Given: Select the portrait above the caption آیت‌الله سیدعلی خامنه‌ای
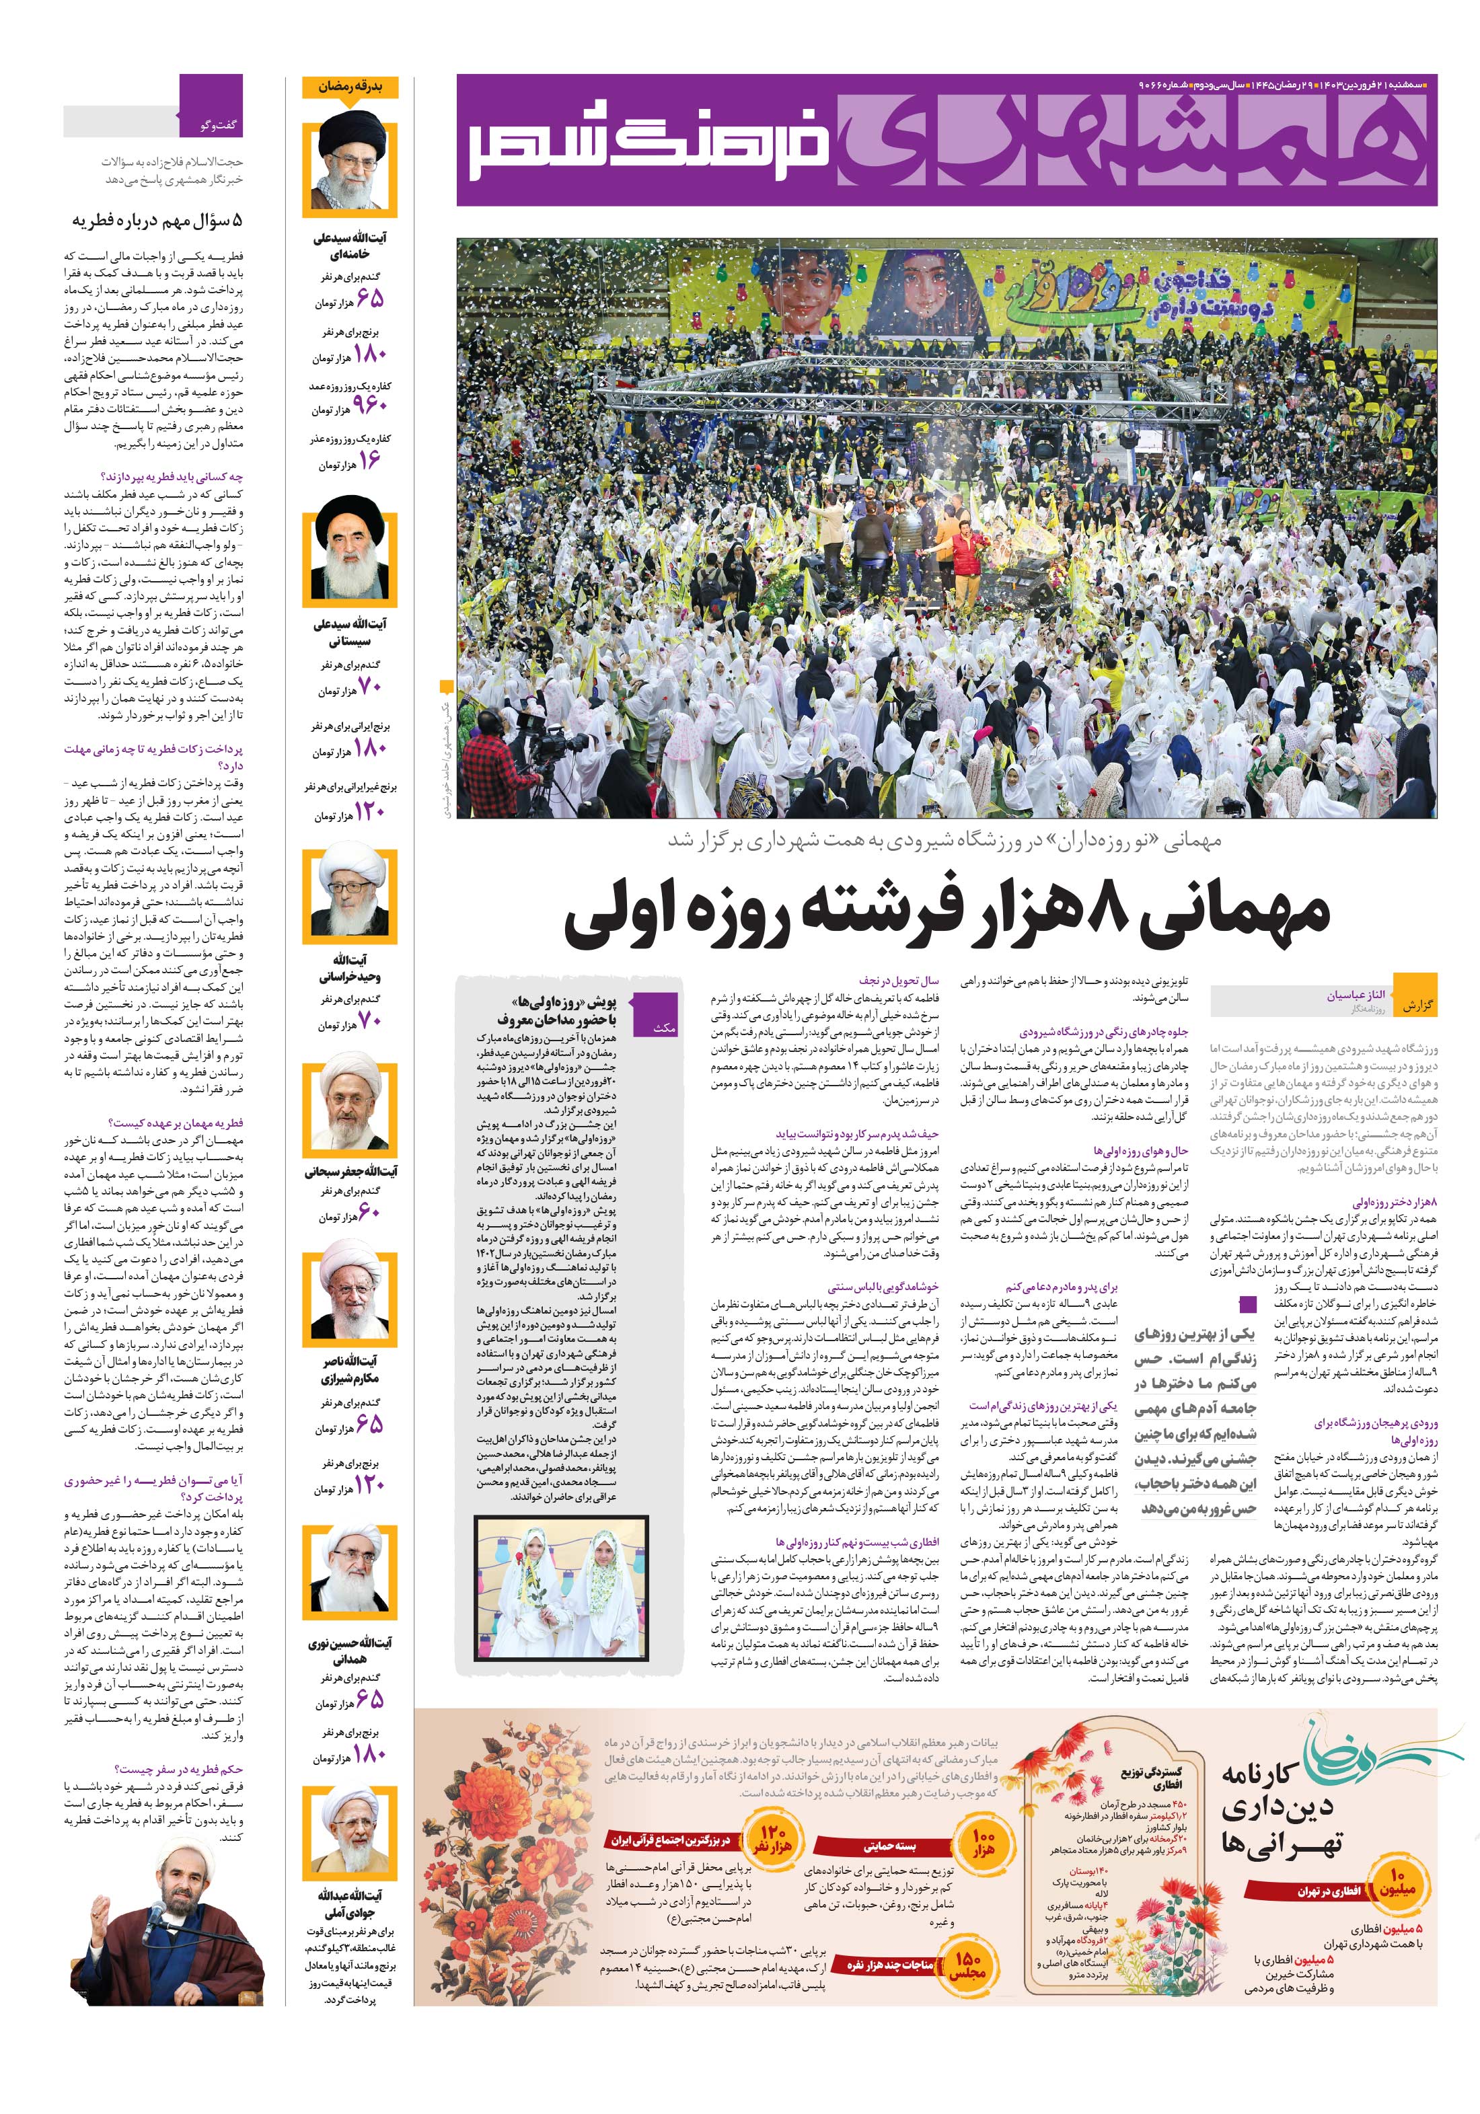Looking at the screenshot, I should [350, 167].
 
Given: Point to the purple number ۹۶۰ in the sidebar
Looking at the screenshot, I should [369, 405].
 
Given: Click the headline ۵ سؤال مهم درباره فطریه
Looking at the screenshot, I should [157, 221].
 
